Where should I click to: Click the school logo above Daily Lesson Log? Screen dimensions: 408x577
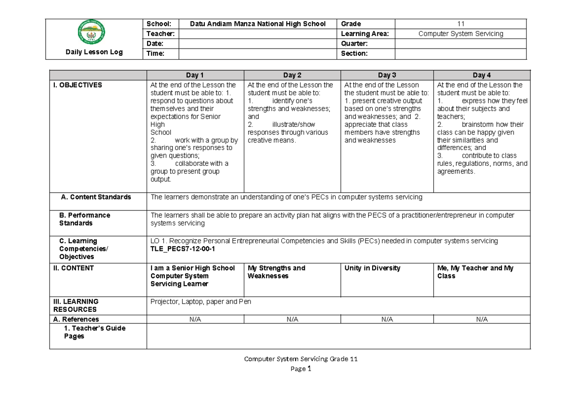point(92,33)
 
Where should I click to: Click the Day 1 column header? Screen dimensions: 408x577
point(195,75)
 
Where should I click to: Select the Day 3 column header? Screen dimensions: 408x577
point(387,75)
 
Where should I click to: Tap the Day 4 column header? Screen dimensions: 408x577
point(482,75)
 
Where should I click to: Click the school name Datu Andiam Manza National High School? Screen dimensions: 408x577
point(258,24)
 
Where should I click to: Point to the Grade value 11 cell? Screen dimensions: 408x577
point(461,24)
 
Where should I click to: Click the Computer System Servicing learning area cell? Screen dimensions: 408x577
point(461,34)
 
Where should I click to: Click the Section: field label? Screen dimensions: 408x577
point(354,54)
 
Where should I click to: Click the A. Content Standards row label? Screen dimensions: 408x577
point(95,197)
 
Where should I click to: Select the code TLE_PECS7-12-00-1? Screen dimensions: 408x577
point(183,249)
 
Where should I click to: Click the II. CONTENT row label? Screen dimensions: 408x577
point(74,268)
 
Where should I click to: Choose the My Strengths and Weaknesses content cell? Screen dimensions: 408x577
point(276,272)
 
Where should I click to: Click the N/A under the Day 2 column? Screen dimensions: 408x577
point(292,319)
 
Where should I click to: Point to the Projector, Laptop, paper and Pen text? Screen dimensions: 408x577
point(201,302)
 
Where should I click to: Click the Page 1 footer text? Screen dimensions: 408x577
point(301,369)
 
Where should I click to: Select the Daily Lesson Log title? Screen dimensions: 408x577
point(94,52)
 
